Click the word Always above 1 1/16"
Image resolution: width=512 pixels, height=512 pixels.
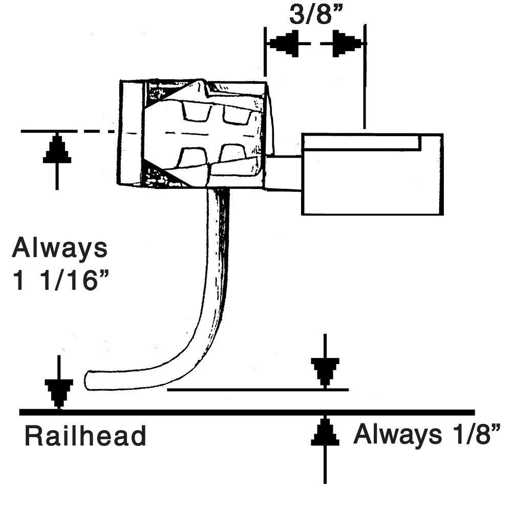(60, 249)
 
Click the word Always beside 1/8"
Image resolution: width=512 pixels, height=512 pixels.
(395, 435)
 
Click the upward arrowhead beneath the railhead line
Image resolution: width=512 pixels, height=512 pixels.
(325, 432)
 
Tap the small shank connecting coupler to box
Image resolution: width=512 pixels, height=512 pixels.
(284, 173)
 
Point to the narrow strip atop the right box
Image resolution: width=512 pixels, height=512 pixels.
(361, 142)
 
